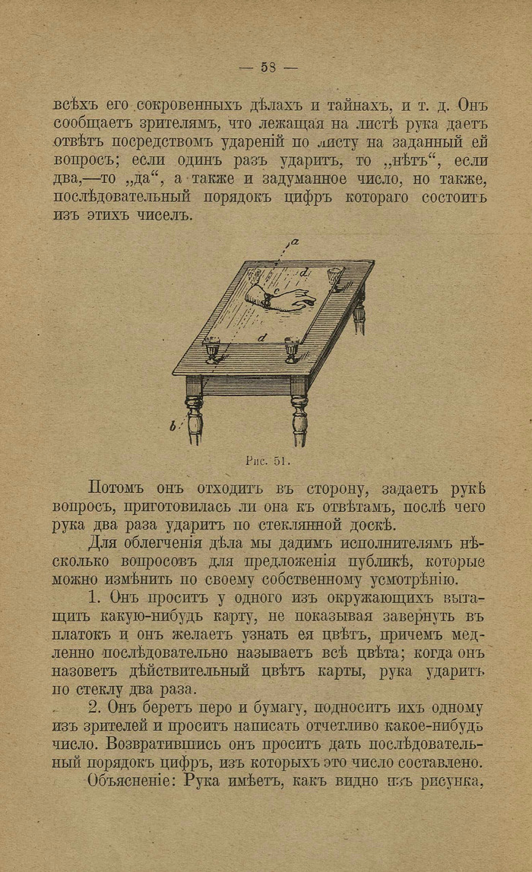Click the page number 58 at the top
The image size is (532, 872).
tap(268, 67)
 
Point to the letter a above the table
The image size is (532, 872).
tap(294, 242)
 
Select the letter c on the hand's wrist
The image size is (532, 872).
tap(277, 291)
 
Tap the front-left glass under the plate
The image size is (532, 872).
tap(214, 349)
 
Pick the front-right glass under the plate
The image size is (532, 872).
tap(292, 349)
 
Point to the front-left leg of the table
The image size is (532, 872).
tap(195, 414)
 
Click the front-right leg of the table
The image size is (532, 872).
tap(299, 414)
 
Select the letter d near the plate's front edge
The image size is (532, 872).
tap(262, 336)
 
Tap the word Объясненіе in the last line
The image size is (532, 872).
tap(125, 780)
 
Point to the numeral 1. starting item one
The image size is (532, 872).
tap(94, 597)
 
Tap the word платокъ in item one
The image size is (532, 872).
tap(83, 633)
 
